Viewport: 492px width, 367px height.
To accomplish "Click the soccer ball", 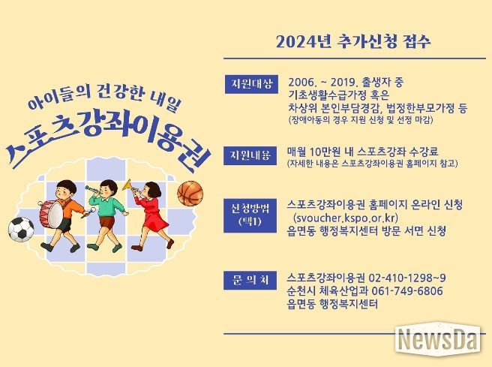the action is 21,229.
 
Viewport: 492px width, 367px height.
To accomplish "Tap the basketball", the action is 190,194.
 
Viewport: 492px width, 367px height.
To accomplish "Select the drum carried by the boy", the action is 51,215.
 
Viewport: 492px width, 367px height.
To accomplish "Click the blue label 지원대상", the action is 251,84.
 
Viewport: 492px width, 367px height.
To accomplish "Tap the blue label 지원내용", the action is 250,155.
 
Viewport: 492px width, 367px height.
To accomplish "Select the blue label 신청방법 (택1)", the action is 250,215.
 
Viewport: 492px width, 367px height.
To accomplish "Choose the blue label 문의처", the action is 250,280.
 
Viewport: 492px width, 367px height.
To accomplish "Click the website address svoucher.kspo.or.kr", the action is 345,218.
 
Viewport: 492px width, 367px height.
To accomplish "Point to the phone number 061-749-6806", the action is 407,290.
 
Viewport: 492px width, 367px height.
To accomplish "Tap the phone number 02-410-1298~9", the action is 407,278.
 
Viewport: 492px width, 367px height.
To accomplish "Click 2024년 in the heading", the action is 304,42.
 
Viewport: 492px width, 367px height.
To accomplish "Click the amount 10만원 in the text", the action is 325,152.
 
